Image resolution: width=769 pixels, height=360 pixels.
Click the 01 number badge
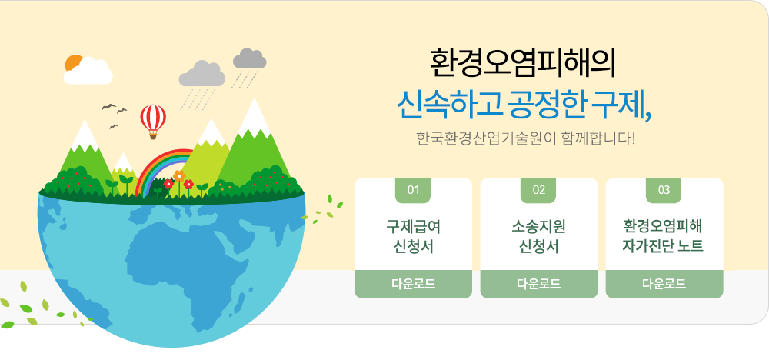[413, 190]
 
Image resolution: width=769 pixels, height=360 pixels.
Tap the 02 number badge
[538, 190]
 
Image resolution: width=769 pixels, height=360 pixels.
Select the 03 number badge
[664, 190]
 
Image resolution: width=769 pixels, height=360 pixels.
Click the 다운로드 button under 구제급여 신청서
[413, 284]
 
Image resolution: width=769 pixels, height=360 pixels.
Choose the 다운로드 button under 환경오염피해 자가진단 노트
[664, 284]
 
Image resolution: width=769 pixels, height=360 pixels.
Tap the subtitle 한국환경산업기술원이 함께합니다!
[525, 138]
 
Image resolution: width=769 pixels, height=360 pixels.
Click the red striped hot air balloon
[153, 121]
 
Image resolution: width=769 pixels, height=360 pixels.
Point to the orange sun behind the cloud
[73, 62]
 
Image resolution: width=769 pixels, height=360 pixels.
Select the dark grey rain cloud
[250, 59]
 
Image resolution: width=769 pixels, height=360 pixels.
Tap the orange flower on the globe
[179, 175]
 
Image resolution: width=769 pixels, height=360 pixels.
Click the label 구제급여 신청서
[413, 236]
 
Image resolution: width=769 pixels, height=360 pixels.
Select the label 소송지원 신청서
[538, 236]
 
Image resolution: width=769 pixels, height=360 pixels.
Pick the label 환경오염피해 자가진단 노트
[664, 236]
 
